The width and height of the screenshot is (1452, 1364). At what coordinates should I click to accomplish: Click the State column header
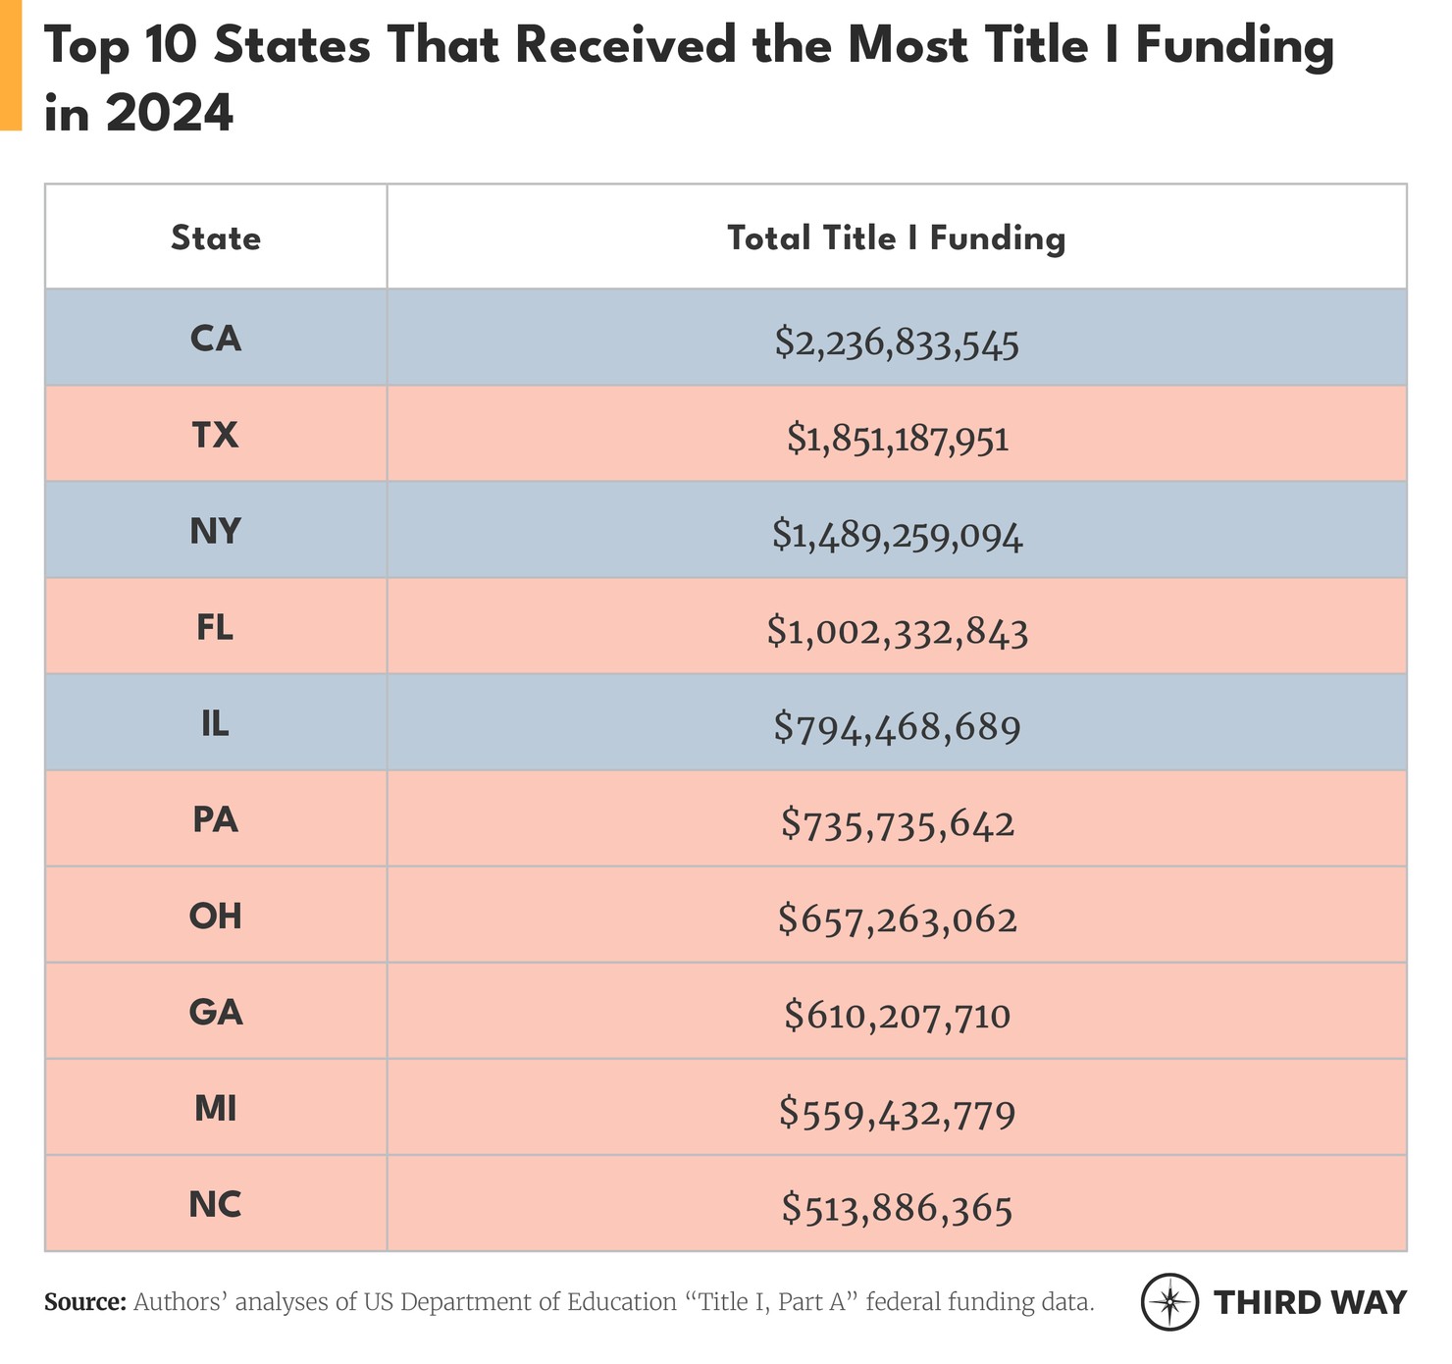click(x=216, y=238)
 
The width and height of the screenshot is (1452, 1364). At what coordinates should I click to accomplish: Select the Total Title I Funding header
click(x=896, y=238)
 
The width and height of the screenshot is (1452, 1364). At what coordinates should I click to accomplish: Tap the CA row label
click(x=216, y=339)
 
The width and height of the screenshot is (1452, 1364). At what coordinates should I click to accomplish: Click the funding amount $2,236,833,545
click(x=897, y=343)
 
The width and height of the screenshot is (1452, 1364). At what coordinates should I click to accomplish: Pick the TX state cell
click(x=216, y=435)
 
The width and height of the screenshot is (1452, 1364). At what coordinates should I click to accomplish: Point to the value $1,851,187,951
click(x=897, y=440)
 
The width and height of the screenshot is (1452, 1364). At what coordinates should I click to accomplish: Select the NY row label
click(x=216, y=531)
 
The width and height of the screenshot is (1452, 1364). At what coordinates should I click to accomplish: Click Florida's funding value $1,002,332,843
click(x=897, y=633)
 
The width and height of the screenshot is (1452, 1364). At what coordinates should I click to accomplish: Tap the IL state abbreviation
click(x=216, y=724)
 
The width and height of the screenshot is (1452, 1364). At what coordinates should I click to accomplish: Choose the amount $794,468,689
click(x=897, y=728)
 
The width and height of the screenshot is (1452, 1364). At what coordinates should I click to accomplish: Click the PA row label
click(x=216, y=819)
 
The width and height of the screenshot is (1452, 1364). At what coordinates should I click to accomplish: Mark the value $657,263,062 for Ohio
click(x=897, y=920)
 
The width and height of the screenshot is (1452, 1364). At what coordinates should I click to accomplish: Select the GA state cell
click(x=216, y=1012)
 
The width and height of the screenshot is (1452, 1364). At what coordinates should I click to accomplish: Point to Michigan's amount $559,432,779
click(x=897, y=1114)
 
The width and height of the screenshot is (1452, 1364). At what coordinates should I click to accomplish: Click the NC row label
click(x=216, y=1204)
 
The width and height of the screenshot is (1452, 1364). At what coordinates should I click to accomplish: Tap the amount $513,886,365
click(x=897, y=1209)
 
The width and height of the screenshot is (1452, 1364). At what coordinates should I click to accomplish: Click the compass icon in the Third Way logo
click(x=1169, y=1302)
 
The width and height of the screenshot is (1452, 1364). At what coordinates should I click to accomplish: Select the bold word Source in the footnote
click(x=85, y=1303)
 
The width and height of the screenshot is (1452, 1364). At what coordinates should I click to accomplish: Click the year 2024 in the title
click(x=170, y=114)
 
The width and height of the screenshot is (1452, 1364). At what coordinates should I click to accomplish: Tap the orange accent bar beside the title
click(x=11, y=65)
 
